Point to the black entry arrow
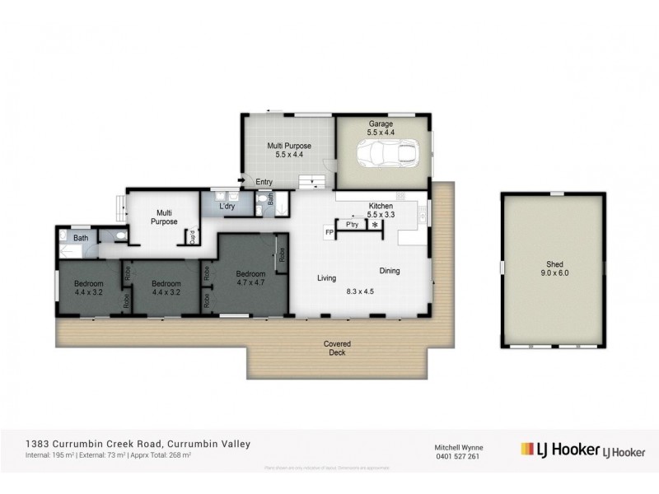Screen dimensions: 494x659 [x=241, y=181]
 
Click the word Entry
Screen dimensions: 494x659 [x=264, y=182]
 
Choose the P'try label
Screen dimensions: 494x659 [x=352, y=224]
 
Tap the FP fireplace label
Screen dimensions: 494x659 [x=329, y=233]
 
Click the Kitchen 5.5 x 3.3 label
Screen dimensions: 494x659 [x=382, y=209]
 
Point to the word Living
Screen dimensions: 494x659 [x=328, y=278]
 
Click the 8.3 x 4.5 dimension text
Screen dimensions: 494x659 [x=360, y=291]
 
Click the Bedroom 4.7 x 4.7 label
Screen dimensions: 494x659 [x=250, y=278]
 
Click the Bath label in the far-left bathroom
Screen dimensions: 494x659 [x=81, y=239]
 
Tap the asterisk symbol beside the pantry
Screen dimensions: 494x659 [x=376, y=224]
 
